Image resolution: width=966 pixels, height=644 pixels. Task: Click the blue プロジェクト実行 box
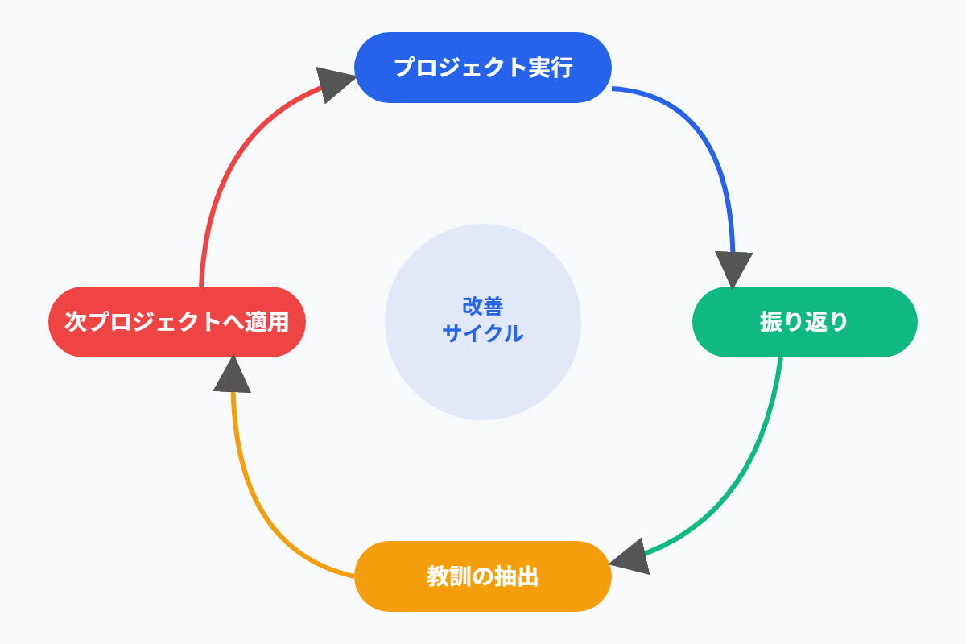click(x=483, y=68)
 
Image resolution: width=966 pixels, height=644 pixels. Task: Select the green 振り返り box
click(x=805, y=322)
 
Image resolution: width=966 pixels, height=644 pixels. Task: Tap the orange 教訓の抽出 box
click(x=483, y=576)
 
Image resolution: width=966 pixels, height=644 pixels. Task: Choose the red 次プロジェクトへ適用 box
click(x=177, y=322)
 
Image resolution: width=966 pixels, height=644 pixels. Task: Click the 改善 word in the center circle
click(x=483, y=307)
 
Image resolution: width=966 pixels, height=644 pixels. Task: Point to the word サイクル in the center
click(x=483, y=333)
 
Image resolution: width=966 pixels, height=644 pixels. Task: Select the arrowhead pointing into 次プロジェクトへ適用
click(x=232, y=374)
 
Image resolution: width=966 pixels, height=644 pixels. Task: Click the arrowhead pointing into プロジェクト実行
click(x=334, y=83)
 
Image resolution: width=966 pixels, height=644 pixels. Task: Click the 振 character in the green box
click(x=771, y=322)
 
